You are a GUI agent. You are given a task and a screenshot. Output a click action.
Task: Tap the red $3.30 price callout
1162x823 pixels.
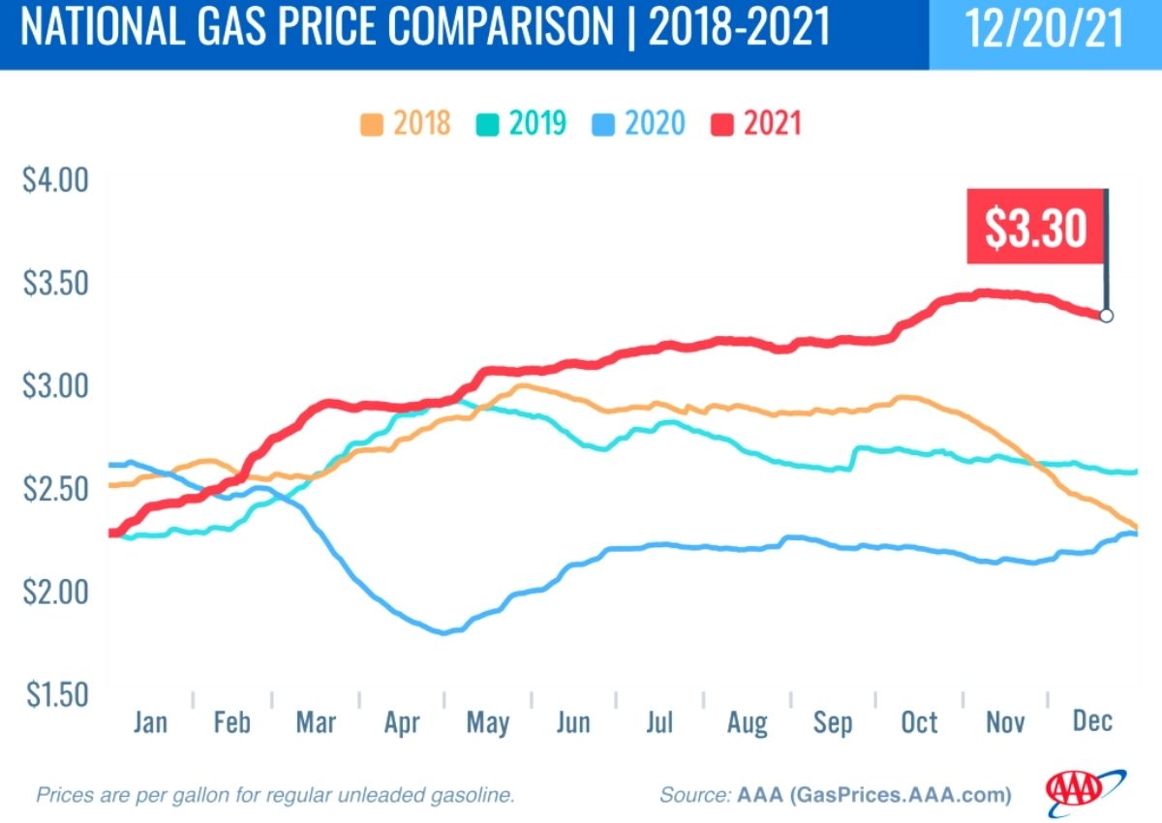pyautogui.click(x=1035, y=227)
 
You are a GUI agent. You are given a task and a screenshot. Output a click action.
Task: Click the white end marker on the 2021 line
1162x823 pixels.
pyautogui.click(x=1106, y=315)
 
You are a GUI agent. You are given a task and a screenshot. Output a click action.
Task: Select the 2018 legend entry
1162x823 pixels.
pyautogui.click(x=406, y=124)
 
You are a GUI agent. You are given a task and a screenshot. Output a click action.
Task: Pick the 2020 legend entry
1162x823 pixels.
pyautogui.click(x=639, y=124)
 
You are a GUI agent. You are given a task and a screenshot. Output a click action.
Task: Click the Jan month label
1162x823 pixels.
pyautogui.click(x=150, y=723)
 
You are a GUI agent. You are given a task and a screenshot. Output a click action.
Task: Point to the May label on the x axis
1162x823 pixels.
pyautogui.click(x=488, y=723)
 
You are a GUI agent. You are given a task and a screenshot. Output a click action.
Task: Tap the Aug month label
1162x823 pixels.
pyautogui.click(x=747, y=723)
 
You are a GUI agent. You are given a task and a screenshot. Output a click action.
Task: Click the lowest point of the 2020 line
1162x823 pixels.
pyautogui.click(x=444, y=632)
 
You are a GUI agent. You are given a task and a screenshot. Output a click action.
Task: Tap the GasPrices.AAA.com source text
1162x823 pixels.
pyautogui.click(x=901, y=796)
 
